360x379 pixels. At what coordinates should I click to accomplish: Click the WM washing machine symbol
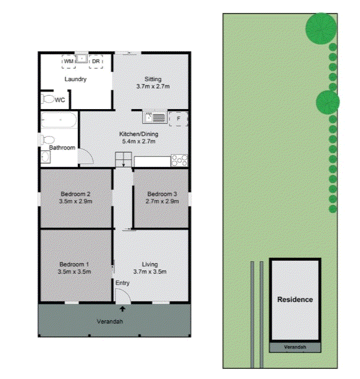[x=68, y=62]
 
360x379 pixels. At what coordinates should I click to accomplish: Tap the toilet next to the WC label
[x=48, y=99]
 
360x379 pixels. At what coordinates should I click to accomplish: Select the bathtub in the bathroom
[x=59, y=120]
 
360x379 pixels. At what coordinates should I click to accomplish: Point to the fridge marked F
[x=179, y=118]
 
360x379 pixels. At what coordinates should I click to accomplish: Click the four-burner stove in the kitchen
[x=179, y=160]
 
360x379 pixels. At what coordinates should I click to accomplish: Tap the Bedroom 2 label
[x=75, y=194]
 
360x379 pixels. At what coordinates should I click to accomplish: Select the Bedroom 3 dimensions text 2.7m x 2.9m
[x=162, y=201]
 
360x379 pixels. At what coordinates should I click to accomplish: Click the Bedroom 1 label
[x=75, y=264]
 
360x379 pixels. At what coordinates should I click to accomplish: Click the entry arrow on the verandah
[x=123, y=309]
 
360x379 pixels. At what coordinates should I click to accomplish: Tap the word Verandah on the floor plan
[x=110, y=321]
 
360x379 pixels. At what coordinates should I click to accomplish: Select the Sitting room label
[x=153, y=79]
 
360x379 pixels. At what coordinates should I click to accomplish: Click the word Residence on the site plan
[x=295, y=299]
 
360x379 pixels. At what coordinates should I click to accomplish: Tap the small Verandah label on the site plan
[x=295, y=348]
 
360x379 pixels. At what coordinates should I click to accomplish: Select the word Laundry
[x=76, y=80]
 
